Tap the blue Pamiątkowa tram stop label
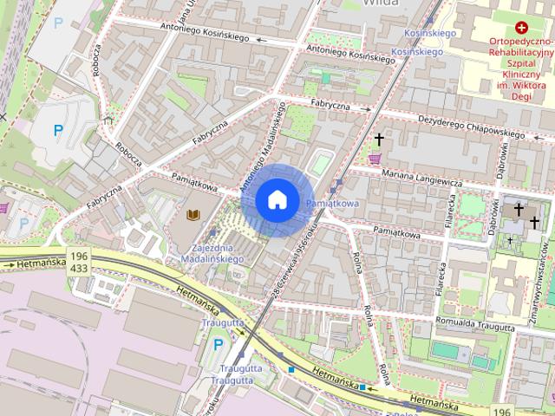[x=332, y=203]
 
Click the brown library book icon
[x=193, y=214]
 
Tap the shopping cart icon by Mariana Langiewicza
[x=375, y=159]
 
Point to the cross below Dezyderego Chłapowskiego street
[x=378, y=139]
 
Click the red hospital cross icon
[x=521, y=29]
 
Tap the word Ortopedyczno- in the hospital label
[x=520, y=42]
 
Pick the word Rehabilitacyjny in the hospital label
[x=520, y=53]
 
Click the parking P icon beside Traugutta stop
[x=218, y=346]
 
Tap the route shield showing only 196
[x=500, y=411]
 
